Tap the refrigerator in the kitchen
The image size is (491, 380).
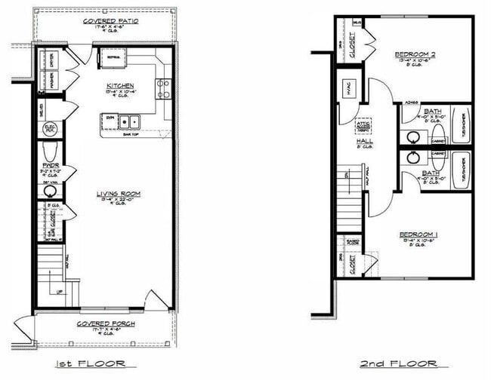point(115,57)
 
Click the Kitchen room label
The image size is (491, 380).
point(120,86)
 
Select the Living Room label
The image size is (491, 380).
point(119,194)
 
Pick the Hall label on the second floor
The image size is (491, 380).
point(365,142)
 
